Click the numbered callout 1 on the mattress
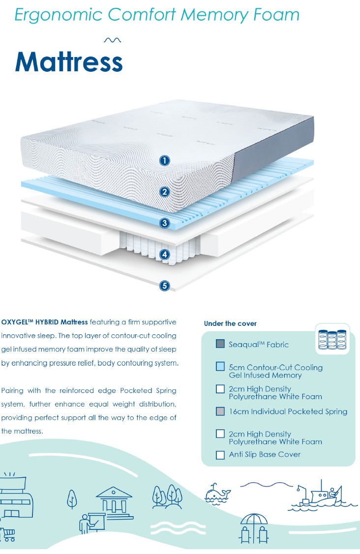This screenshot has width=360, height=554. coord(165,160)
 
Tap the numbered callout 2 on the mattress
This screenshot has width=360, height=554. coord(165,192)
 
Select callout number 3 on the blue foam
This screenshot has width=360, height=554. coord(165,223)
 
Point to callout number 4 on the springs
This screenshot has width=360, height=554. coord(165,254)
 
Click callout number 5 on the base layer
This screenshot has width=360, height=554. coord(165,285)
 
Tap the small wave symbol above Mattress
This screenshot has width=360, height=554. coord(113,40)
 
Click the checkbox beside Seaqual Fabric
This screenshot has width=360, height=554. coord(220,344)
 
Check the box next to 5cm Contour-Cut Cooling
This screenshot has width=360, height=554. coord(220,367)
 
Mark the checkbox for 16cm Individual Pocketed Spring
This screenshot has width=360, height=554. coord(220,411)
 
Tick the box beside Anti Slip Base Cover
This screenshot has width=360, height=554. coord(220,455)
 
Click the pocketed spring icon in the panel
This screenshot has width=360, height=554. coord(332,339)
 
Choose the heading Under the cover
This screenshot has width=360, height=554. coord(230,323)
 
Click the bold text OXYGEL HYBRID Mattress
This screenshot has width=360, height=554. coord(44,322)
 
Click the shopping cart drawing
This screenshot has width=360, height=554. coord(8,534)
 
